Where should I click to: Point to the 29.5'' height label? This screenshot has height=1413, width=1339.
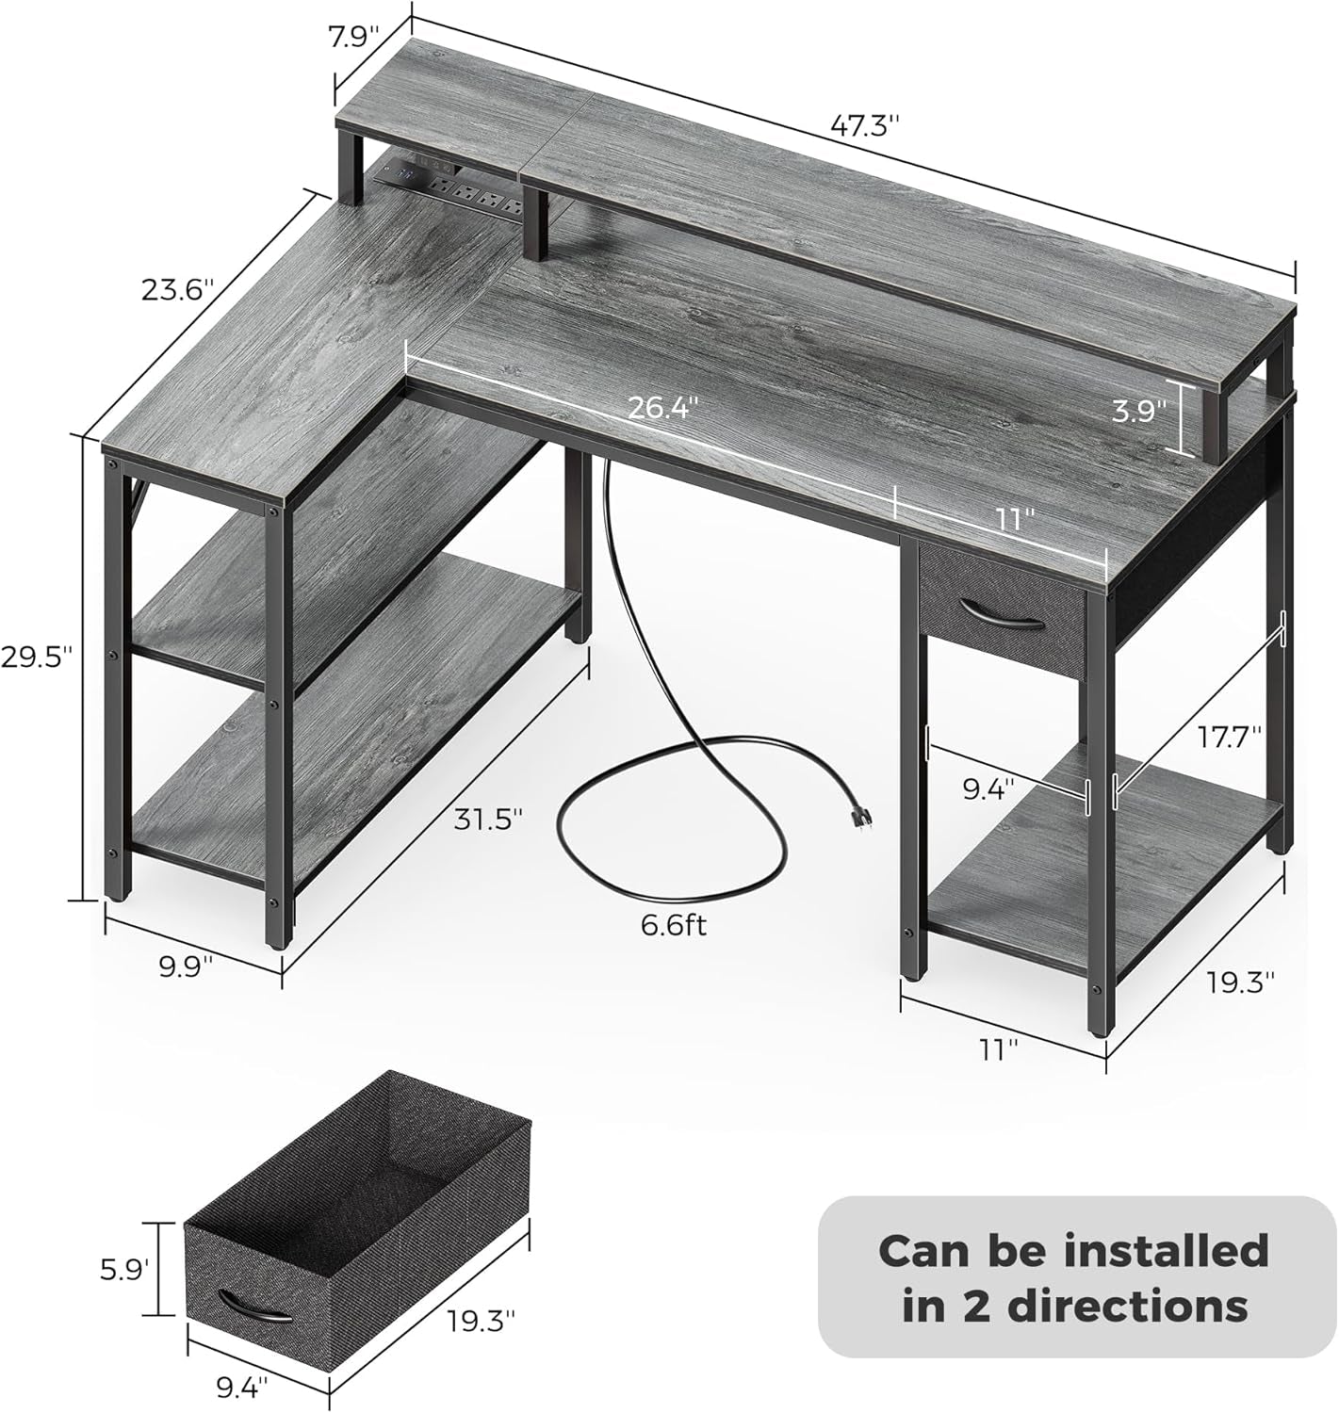pos(37,657)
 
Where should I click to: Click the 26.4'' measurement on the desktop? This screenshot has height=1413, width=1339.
pos(664,407)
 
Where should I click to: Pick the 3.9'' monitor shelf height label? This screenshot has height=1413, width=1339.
pos(1137,412)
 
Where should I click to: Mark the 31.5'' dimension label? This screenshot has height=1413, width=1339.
pos(486,820)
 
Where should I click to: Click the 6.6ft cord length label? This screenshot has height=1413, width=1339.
pos(673,926)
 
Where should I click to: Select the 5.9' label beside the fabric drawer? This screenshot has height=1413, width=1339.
pos(122,1270)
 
